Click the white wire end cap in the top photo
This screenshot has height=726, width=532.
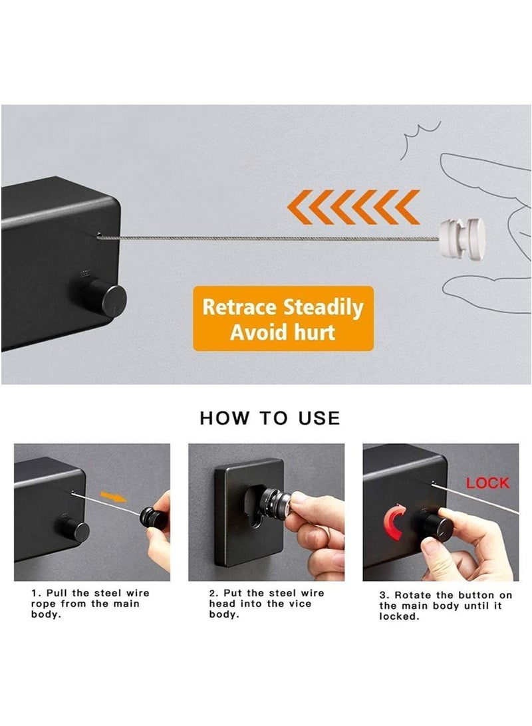[462, 237]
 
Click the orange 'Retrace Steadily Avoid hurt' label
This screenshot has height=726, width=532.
[283, 318]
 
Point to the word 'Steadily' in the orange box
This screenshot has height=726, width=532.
[323, 308]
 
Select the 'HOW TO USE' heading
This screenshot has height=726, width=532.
[270, 418]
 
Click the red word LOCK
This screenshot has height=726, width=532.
[487, 483]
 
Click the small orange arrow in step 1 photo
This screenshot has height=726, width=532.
[113, 497]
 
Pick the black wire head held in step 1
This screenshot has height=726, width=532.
[154, 518]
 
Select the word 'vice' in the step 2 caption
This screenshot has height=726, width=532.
[301, 604]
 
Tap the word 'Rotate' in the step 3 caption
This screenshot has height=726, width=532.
[413, 596]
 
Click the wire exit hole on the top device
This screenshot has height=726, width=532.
[98, 235]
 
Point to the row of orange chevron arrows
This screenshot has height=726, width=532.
[353, 207]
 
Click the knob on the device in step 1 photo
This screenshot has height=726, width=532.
[74, 529]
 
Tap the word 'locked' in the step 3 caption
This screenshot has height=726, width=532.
[399, 617]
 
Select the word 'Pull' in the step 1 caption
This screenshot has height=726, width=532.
[57, 593]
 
